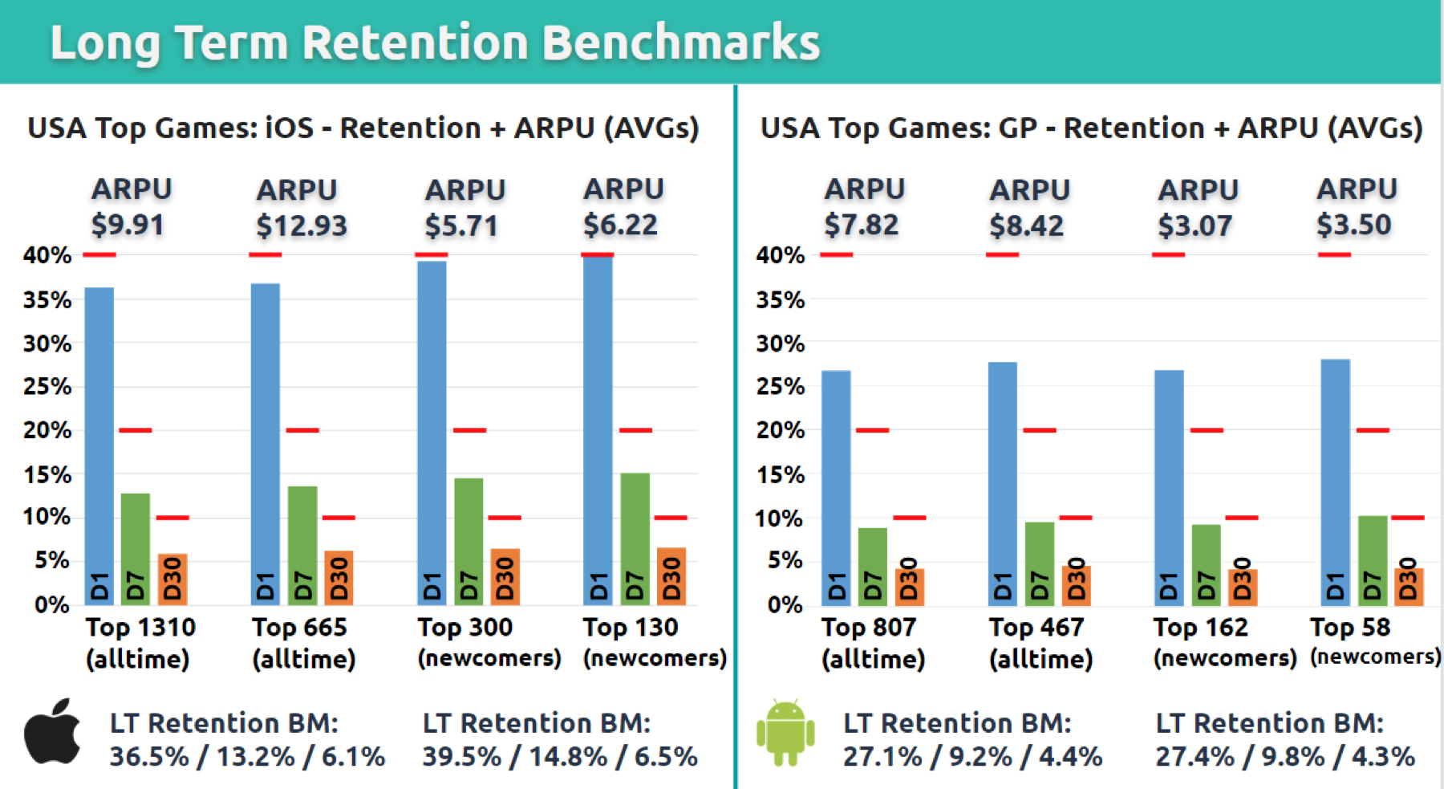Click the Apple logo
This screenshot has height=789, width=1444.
[52, 732]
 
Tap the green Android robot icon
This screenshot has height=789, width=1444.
[785, 732]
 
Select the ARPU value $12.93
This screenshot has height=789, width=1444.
[302, 226]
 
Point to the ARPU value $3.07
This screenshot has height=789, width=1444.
[1195, 226]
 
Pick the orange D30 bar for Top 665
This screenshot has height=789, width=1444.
[339, 578]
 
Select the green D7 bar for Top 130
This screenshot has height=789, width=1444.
[635, 538]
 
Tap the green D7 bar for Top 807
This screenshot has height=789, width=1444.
[872, 566]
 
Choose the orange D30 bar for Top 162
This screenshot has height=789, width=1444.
[1242, 586]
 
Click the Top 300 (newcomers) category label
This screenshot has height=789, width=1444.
[489, 642]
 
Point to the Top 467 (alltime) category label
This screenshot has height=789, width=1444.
[1040, 642]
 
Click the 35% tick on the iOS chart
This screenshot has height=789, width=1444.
[47, 300]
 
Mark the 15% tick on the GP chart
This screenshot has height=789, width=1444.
[781, 475]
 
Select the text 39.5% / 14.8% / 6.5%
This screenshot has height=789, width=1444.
[560, 756]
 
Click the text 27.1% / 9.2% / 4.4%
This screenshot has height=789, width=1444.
[972, 756]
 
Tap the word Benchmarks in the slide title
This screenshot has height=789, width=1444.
[681, 42]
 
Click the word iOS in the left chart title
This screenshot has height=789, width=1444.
[290, 128]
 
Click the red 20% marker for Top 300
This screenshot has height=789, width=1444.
[469, 430]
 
